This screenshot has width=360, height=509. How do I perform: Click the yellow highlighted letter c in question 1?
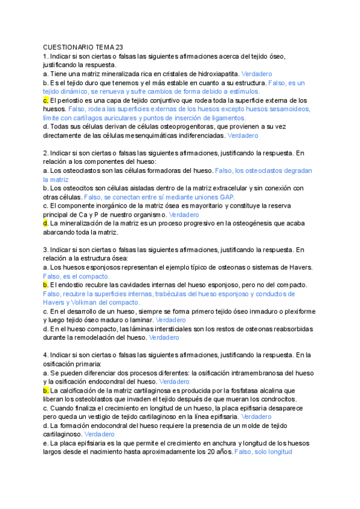(x=46, y=100)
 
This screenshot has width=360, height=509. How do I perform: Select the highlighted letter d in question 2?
(x=46, y=223)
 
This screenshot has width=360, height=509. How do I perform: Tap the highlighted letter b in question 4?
(x=46, y=390)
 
